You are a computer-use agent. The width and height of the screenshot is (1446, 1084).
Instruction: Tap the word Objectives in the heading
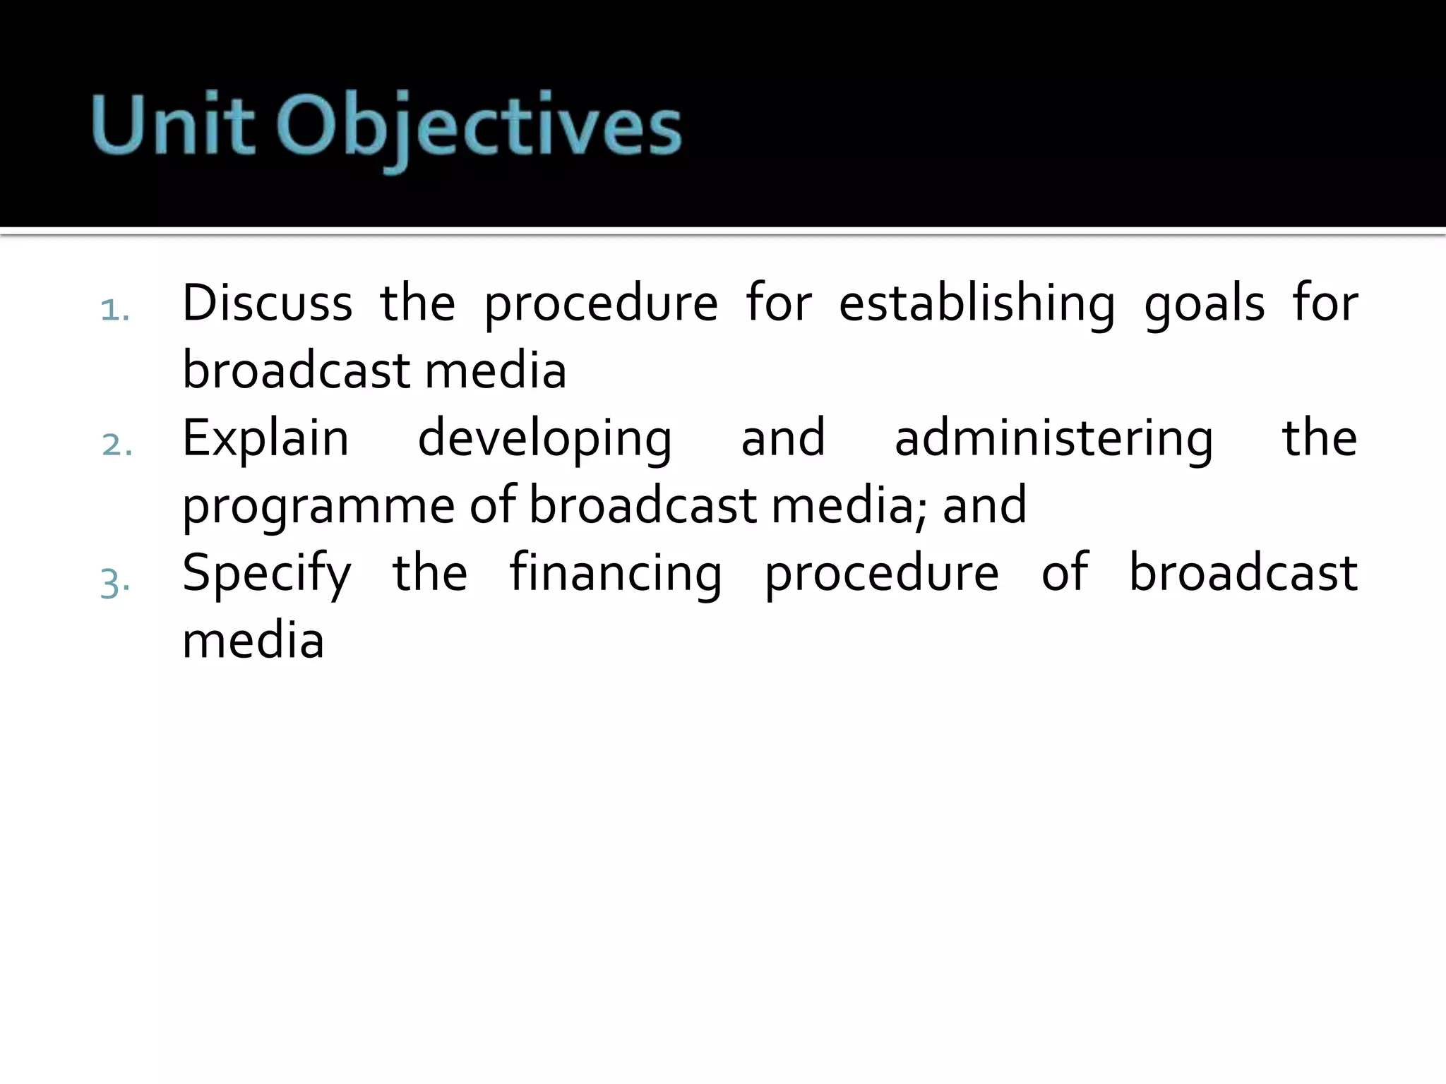pos(478,131)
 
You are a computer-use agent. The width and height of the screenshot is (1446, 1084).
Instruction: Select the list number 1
pos(114,311)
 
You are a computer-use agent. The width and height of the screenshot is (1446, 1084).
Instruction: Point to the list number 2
pos(116,445)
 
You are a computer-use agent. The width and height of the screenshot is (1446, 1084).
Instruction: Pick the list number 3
pos(115,582)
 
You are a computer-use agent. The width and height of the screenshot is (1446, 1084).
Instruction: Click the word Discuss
pos(267,303)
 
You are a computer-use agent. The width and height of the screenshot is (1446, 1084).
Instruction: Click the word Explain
pos(265,440)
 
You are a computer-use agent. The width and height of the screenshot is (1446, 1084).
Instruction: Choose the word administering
pos(1053,440)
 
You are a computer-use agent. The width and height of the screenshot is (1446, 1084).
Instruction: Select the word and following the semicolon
pos(984,505)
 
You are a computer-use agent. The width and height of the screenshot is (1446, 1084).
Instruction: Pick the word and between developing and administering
pos(783,438)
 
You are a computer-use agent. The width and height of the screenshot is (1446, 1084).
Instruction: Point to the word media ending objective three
pos(253,641)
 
